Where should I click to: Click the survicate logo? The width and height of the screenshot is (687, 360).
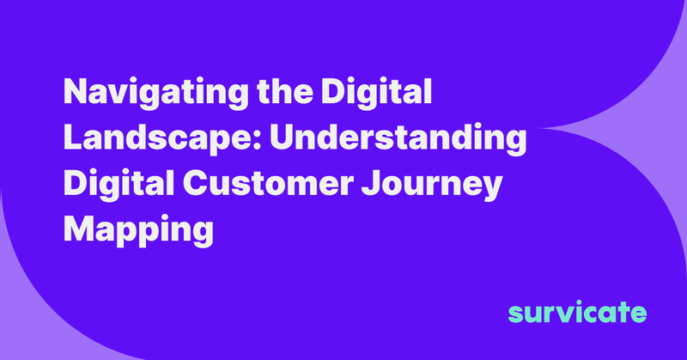click(576, 311)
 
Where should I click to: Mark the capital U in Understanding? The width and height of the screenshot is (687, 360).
click(281, 139)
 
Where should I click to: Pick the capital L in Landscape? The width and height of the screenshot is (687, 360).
click(71, 139)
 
